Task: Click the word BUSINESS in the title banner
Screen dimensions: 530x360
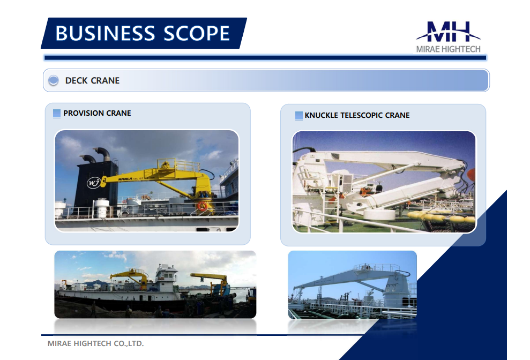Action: pyautogui.click(x=106, y=33)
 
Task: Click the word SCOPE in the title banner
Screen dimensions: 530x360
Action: pyautogui.click(x=197, y=33)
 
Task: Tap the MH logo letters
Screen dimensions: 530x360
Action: pyautogui.click(x=448, y=32)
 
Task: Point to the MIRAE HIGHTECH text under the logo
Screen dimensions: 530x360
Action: pyautogui.click(x=448, y=49)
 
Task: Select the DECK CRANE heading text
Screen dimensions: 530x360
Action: pyautogui.click(x=92, y=80)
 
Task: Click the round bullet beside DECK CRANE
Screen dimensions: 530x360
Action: pyautogui.click(x=54, y=80)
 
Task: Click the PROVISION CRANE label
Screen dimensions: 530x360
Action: pyautogui.click(x=97, y=113)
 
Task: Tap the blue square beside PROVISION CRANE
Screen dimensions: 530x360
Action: pyautogui.click(x=57, y=114)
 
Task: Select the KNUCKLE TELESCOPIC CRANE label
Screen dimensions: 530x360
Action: pyautogui.click(x=357, y=115)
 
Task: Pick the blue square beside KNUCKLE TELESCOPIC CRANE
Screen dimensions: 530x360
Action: pyautogui.click(x=299, y=116)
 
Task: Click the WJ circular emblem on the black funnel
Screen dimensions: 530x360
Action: pyautogui.click(x=93, y=183)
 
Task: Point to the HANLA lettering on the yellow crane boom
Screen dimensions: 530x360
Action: pyautogui.click(x=125, y=178)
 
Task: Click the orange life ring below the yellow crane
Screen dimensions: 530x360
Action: pyautogui.click(x=202, y=206)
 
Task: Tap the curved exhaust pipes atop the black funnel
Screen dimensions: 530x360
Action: pyautogui.click(x=95, y=154)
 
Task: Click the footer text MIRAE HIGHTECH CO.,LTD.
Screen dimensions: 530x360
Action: pyautogui.click(x=95, y=343)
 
